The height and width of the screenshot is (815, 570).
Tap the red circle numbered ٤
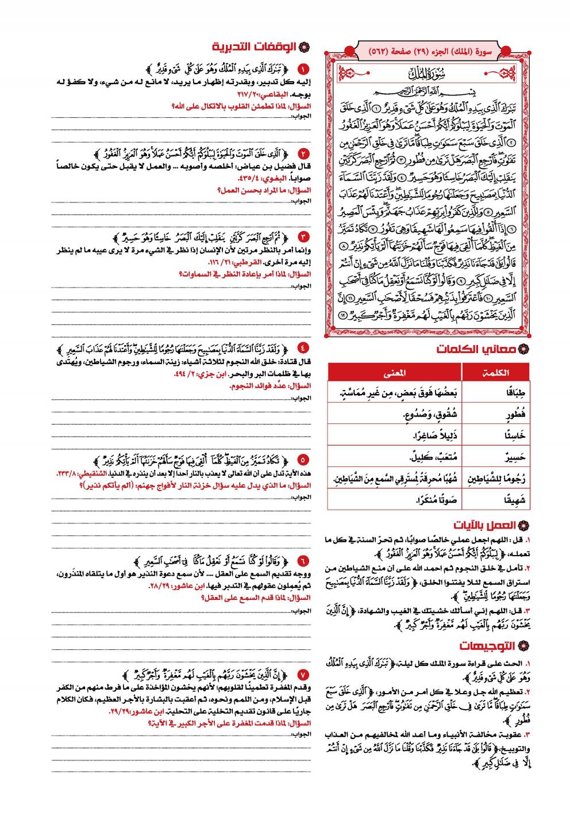pyautogui.click(x=304, y=348)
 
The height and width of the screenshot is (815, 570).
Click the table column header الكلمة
pyautogui.click(x=496, y=372)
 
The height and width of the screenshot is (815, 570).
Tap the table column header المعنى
pyautogui.click(x=395, y=372)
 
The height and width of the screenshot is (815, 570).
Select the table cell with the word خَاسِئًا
pyautogui.click(x=515, y=435)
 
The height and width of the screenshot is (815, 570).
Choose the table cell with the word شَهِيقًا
pyautogui.click(x=515, y=500)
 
